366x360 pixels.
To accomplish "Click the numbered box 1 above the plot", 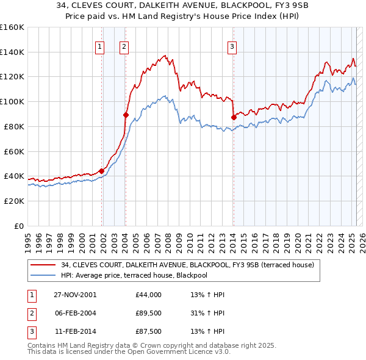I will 99,46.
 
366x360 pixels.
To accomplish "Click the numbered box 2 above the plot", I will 124,46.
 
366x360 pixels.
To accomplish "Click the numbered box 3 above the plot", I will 232,46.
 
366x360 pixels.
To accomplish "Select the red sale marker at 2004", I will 126,114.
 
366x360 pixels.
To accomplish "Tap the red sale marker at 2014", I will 234,117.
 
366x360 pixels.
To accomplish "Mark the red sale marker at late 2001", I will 102,171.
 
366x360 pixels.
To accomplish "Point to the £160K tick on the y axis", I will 12,27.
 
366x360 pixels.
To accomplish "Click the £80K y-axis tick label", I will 13,126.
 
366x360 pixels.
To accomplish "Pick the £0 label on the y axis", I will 20,226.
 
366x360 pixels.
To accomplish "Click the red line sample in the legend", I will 43,265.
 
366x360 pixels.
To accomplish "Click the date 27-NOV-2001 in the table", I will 75,295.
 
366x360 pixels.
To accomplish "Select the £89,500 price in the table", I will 149,314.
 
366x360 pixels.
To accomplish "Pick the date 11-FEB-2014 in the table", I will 75,333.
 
